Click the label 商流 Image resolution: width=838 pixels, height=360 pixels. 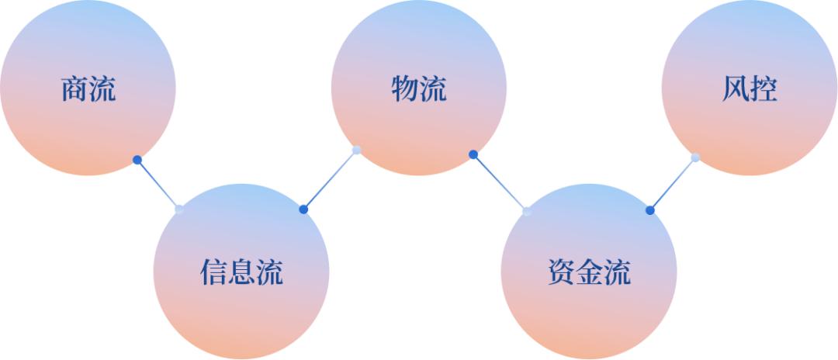tap(88, 90)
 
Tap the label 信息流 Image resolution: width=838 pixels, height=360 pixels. tap(241, 272)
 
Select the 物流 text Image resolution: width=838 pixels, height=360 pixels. tap(419, 90)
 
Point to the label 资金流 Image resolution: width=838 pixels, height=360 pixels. tap(589, 272)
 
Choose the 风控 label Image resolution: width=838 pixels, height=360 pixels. tap(749, 90)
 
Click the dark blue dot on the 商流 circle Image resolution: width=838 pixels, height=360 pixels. tap(137, 160)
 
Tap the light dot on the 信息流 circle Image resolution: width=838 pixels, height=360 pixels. tap(179, 209)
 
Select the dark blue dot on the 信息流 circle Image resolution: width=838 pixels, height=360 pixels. tap(303, 209)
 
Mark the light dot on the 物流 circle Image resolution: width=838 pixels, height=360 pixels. tap(357, 151)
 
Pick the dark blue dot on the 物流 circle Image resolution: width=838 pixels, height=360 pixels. tap(473, 154)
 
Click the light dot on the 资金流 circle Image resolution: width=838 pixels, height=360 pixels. tap(527, 211)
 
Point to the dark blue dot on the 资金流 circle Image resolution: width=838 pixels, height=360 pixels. tap(649, 210)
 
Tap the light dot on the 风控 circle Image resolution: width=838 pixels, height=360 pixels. tap(695, 157)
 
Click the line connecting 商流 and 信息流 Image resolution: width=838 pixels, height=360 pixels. tap(158, 185)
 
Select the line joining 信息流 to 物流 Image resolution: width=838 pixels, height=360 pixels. tap(331, 180)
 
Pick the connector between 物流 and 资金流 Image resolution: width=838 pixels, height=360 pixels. tap(500, 183)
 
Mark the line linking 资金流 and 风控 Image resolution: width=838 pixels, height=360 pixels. tap(673, 184)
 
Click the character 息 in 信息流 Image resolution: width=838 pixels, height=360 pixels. tap(241, 272)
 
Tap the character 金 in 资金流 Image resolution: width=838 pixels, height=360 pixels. tap(589, 272)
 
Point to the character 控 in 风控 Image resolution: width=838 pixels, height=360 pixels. tap(764, 90)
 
